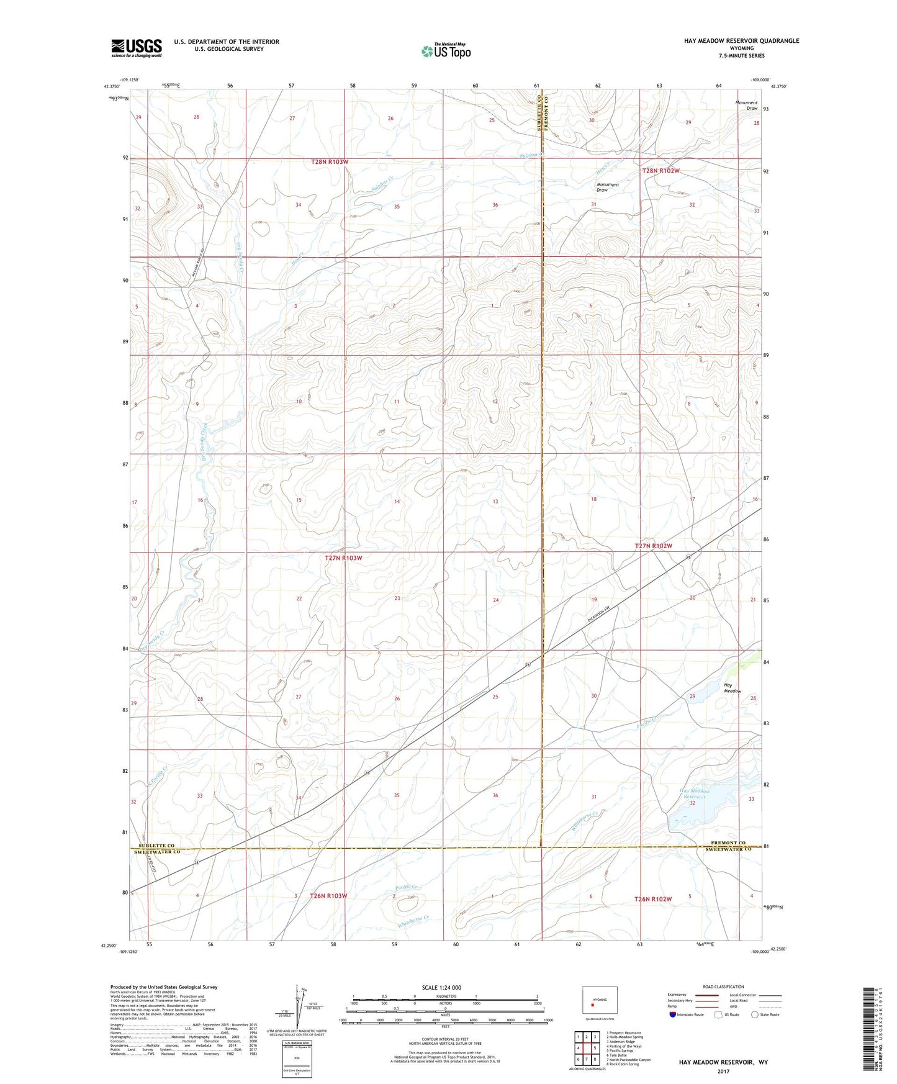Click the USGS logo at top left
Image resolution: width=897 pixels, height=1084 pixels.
coord(137,48)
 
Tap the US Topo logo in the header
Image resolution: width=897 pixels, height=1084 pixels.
coord(445,51)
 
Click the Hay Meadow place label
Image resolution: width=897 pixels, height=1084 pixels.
coord(732,688)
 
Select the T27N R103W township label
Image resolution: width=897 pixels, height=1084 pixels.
coord(343,558)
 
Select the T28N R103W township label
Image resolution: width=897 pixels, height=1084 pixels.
coord(330,162)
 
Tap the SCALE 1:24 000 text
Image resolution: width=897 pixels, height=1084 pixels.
coord(441,987)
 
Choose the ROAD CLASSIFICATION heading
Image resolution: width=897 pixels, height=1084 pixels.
coord(723,987)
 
